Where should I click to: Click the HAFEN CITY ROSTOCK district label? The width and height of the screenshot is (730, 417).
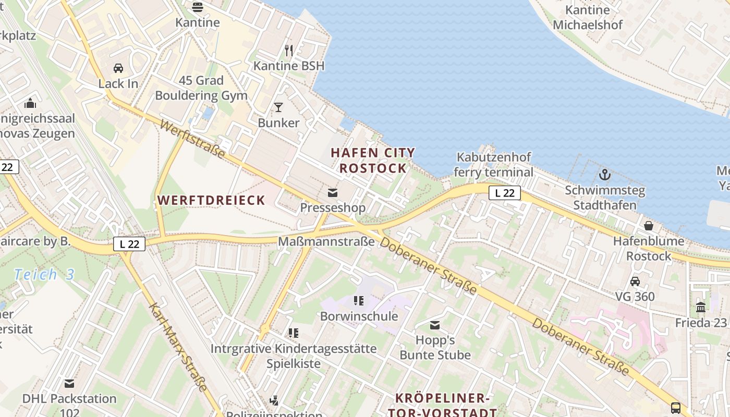tap(373, 161)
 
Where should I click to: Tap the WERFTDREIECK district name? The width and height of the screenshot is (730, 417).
tap(211, 200)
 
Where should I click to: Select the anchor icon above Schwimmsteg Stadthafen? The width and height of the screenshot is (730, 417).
tap(605, 175)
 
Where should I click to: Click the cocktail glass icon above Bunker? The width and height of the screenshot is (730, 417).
tap(278, 107)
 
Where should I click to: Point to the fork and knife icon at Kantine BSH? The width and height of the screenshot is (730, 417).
tap(289, 50)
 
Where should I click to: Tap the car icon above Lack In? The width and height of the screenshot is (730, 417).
tap(118, 68)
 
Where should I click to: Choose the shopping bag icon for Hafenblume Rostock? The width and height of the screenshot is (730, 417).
tap(649, 226)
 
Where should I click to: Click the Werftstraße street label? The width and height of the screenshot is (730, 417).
tap(192, 139)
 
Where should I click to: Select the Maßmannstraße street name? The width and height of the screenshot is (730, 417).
tap(326, 242)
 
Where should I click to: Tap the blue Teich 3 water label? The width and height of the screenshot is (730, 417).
tap(44, 275)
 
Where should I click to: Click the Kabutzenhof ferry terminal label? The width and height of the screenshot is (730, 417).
tap(493, 165)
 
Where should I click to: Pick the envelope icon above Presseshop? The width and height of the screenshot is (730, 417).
tap(333, 193)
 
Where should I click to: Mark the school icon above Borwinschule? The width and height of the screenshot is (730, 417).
tap(358, 301)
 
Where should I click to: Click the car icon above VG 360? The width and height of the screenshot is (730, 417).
tap(635, 281)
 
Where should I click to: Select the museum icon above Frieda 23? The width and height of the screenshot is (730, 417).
tap(701, 307)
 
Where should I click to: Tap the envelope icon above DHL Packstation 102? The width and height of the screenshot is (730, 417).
tap(69, 384)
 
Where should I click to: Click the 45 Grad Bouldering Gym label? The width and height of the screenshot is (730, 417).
tap(201, 88)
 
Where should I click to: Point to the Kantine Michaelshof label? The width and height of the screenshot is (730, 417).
tap(588, 17)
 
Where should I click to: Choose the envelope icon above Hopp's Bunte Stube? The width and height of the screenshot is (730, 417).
tap(435, 326)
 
